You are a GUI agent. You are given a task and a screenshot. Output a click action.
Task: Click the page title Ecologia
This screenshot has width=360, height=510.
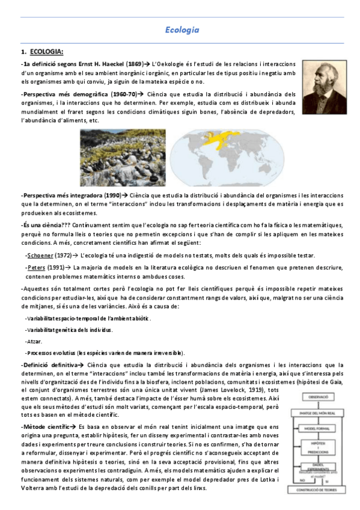pos(182,29)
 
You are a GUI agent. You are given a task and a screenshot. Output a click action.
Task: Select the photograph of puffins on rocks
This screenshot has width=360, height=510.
pos(124,159)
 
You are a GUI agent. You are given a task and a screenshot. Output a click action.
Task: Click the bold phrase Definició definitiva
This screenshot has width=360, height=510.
pos(48,365)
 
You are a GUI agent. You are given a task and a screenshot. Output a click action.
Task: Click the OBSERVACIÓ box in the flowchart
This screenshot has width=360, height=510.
pos(319,398)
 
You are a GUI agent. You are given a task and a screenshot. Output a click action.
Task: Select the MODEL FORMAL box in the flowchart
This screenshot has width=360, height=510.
pos(319,429)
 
